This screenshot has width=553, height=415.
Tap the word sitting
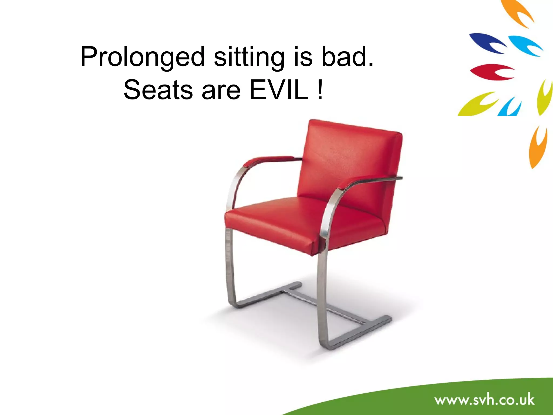(249, 57)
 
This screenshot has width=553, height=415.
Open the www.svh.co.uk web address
(484, 400)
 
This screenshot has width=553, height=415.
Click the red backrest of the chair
(351, 162)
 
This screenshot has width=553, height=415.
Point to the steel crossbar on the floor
(324, 305)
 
